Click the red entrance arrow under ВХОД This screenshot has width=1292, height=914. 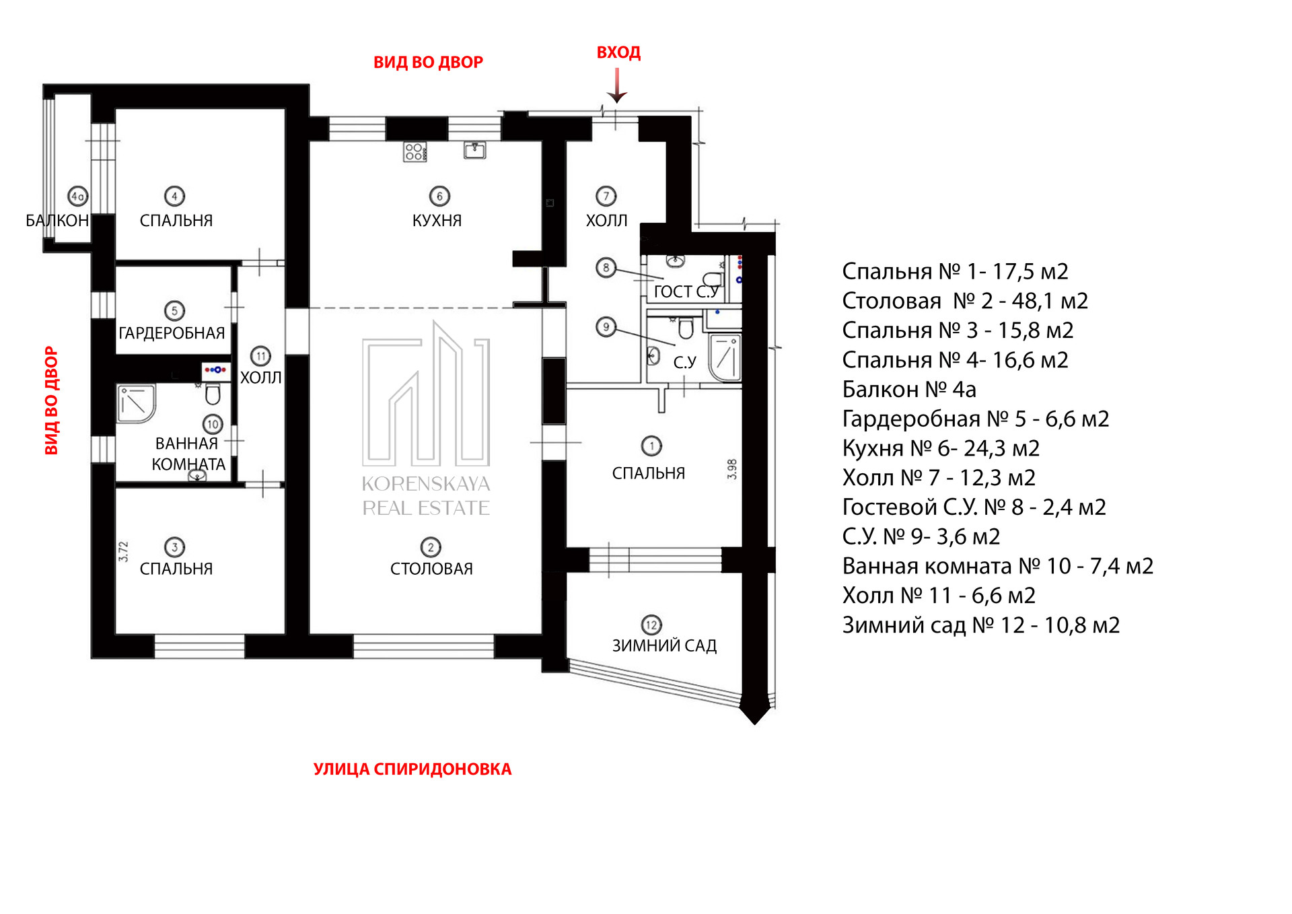point(617,85)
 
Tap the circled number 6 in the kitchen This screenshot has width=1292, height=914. point(439,197)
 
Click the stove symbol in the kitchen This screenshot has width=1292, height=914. point(415,152)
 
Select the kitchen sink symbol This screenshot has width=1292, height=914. point(475,149)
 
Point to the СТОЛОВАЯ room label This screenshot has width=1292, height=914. point(431,569)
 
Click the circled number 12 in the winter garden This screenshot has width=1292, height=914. point(651,625)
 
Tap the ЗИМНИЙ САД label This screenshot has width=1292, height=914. point(664,646)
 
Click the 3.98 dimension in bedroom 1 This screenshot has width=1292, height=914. point(732,469)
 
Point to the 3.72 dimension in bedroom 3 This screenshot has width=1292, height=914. point(123,552)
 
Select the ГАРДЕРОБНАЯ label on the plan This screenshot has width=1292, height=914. point(172,333)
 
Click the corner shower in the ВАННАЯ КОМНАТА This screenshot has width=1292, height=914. point(137,404)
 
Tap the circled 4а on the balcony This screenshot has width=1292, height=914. point(78,197)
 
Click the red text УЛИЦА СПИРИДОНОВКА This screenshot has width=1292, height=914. point(412,769)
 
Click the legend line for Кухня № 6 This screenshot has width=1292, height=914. point(941,448)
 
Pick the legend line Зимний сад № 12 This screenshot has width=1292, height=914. point(981,625)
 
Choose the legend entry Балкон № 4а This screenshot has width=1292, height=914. point(909,390)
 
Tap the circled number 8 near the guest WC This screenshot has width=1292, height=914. point(606,268)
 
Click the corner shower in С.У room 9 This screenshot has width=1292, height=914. point(725,357)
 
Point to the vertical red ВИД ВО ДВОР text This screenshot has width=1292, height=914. point(51,400)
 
